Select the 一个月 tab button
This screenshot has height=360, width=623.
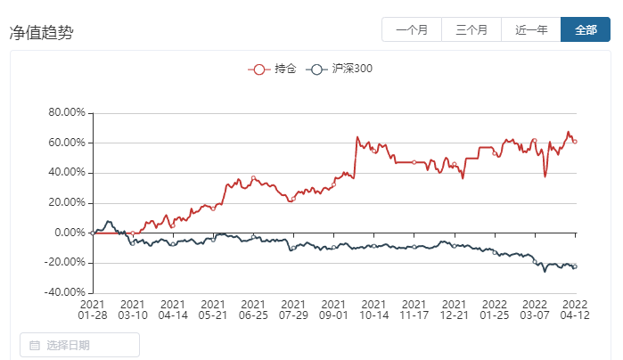point(412,29)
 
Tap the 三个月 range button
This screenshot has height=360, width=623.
point(471,29)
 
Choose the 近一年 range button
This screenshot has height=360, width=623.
point(531,29)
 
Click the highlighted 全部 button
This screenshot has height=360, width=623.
point(586,29)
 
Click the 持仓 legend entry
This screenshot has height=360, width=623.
point(272,70)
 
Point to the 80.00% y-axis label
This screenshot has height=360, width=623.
point(67,112)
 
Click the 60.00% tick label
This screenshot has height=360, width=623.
point(67,143)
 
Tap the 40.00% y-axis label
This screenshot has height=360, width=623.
point(67,172)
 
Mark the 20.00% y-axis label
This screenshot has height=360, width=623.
point(67,202)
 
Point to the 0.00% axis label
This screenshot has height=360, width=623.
point(70,233)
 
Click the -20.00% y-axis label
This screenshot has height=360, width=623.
point(65,263)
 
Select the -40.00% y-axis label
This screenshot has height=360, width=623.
point(65,292)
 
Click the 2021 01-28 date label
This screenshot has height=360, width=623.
point(93,309)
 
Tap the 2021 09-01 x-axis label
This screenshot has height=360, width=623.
point(333,309)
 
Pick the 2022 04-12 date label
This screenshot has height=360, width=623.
point(575,309)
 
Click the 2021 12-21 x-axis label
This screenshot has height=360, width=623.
point(455,309)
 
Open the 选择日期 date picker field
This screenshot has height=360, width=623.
point(79,345)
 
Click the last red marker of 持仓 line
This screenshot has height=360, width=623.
point(575,142)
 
